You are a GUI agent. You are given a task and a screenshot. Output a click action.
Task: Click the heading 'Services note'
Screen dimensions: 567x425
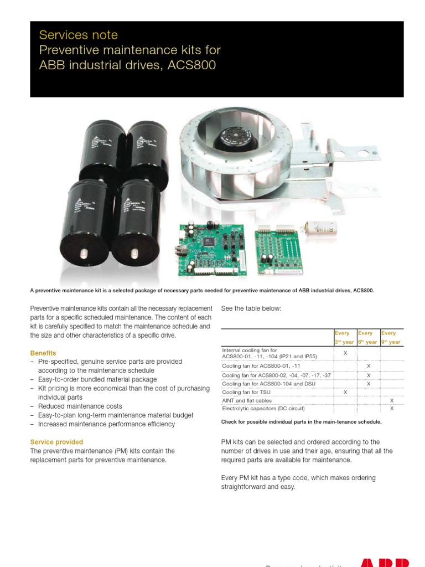[x=78, y=35]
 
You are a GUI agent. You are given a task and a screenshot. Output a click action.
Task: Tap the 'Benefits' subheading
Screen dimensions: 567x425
[x=43, y=353]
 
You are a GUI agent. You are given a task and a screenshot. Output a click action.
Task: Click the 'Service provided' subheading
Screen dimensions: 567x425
[x=56, y=442]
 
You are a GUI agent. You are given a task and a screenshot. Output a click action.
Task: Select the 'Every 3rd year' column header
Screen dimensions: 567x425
[x=344, y=338]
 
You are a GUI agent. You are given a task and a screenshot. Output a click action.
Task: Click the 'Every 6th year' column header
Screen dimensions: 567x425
[x=367, y=338]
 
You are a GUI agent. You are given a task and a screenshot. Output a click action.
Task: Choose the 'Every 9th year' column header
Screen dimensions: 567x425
[x=391, y=338]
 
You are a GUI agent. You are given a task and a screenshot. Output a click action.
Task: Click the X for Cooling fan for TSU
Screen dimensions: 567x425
[x=345, y=392]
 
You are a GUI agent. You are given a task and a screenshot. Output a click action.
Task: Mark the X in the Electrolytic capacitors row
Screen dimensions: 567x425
[x=392, y=409]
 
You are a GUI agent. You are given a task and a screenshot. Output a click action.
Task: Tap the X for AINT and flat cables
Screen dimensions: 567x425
[x=392, y=400]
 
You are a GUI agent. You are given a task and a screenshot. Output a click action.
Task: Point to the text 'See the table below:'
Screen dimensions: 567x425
[x=251, y=308]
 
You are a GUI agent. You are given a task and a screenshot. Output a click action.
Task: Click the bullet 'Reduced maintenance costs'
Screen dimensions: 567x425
[x=80, y=406]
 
